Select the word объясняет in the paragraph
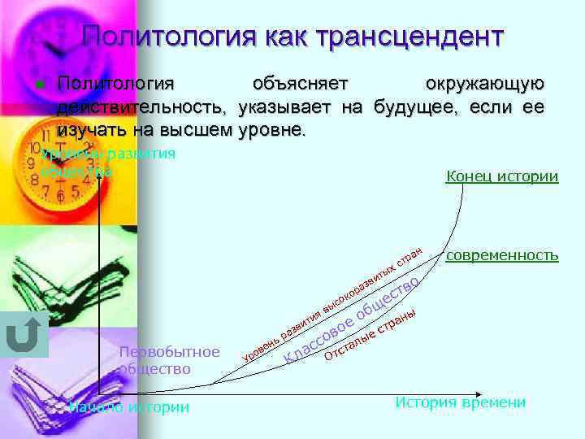pos(301,84)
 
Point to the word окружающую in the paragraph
pos(484,84)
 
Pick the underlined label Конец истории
pos(502,176)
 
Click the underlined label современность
pos(502,255)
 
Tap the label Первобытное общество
pos(168,359)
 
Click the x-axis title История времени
pos(460,402)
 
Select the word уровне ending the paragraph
pos(272,129)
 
